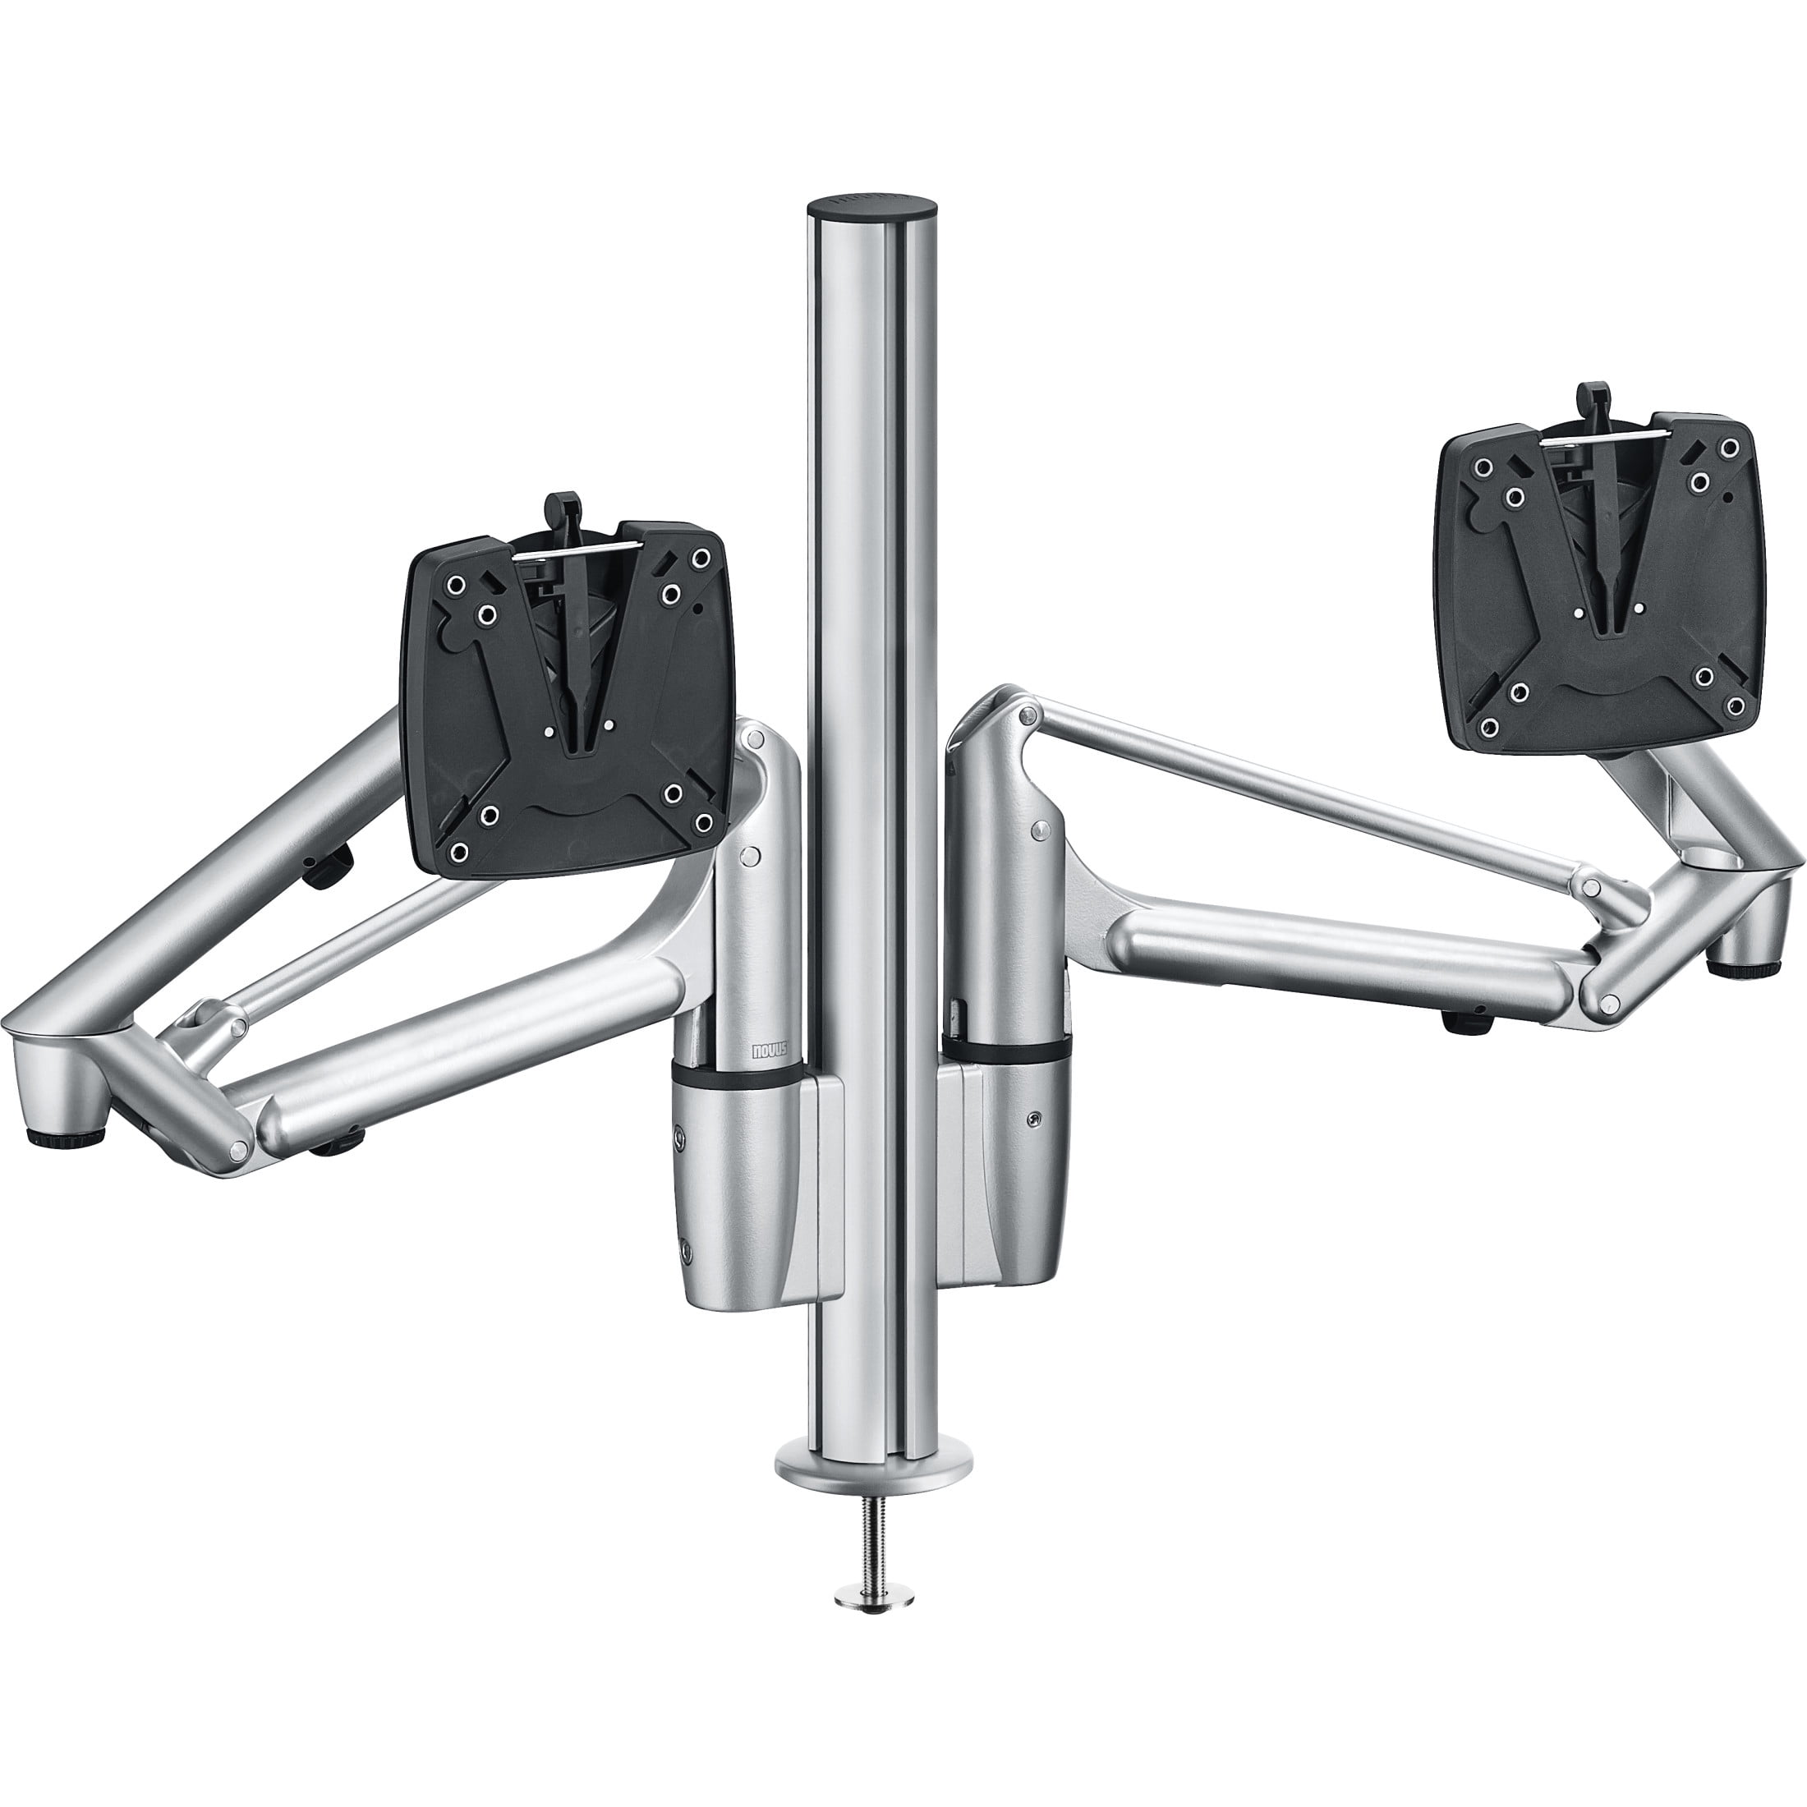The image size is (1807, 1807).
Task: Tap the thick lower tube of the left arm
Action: [467, 1047]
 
